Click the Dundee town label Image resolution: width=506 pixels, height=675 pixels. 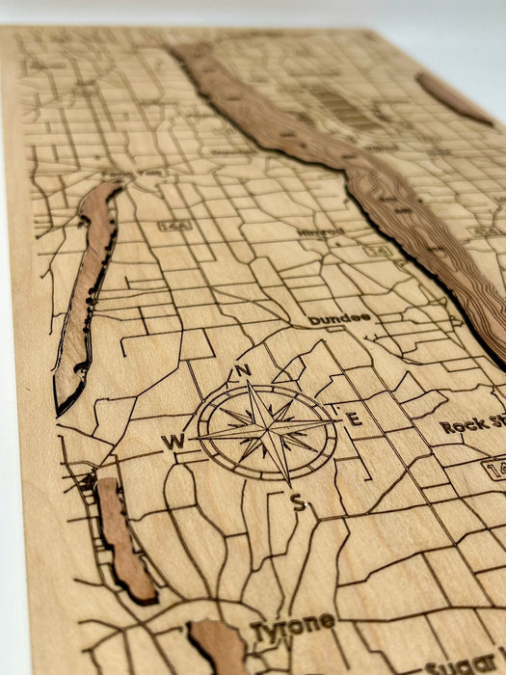339,318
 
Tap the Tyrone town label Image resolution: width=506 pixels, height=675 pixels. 293,628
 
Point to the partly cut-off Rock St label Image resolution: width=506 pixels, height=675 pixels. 472,425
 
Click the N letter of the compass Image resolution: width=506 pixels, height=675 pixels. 243,371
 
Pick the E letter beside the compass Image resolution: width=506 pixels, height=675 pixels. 354,418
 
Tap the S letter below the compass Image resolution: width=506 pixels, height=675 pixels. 298,501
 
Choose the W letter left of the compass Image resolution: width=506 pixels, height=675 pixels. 173,442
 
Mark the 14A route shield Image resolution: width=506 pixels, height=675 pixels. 175,226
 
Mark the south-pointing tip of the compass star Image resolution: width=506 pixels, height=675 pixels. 286,481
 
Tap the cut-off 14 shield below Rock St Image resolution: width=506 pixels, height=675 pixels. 494,469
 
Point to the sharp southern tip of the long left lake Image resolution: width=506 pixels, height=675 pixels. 61,411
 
